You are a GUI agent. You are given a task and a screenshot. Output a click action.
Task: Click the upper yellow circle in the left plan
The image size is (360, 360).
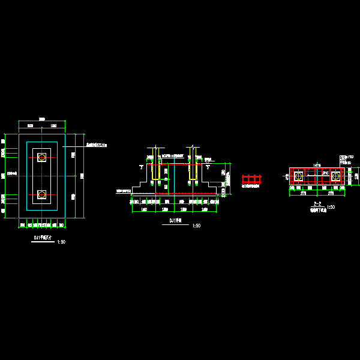point(42,157)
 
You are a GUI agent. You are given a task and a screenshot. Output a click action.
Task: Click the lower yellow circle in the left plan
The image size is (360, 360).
point(42,194)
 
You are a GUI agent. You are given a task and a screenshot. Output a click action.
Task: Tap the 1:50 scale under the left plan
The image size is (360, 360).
point(61,242)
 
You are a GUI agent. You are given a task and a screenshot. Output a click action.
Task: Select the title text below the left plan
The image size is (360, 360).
point(42,238)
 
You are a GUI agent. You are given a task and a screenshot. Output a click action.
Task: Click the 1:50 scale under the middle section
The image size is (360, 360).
point(196,226)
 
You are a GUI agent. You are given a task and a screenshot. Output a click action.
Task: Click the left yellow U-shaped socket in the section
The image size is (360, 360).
point(155,163)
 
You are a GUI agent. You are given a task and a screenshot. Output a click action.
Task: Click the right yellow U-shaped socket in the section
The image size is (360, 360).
point(193,163)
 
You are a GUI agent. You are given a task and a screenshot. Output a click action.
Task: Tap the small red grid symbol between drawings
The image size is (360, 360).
point(251,179)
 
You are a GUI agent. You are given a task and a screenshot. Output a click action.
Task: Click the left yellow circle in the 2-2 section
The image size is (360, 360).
point(298,176)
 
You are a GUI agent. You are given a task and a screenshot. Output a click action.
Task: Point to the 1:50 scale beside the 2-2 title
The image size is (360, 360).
point(331,208)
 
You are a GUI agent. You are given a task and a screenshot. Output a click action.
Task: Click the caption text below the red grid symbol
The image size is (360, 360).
point(251,187)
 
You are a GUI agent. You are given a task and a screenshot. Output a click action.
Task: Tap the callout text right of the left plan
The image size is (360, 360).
point(96,145)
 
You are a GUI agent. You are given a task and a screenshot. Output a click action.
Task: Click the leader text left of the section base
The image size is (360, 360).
point(123,191)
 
